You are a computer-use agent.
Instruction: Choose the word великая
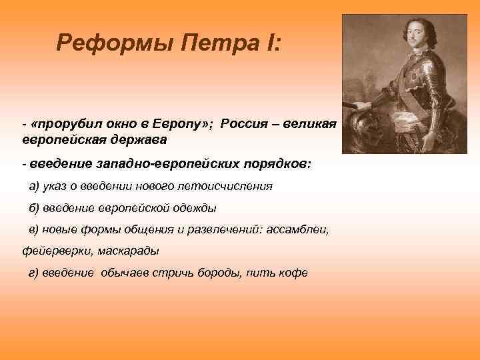[311, 125]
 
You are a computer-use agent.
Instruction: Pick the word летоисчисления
[230, 186]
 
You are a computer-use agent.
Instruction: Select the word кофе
[293, 273]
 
